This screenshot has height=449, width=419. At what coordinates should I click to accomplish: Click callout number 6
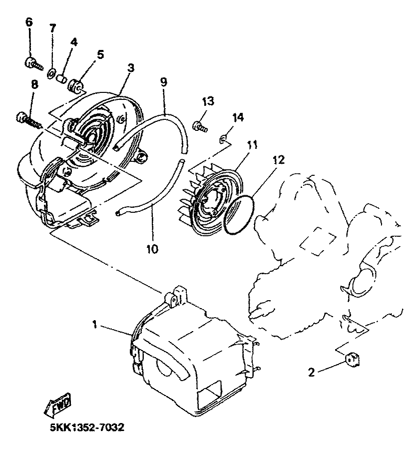click(28, 22)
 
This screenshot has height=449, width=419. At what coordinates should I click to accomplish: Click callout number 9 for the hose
click(163, 81)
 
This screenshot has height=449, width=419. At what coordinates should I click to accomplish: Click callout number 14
click(238, 118)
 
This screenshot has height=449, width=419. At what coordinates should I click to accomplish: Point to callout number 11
click(253, 145)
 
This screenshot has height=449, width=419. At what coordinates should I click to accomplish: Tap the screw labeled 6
click(31, 62)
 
